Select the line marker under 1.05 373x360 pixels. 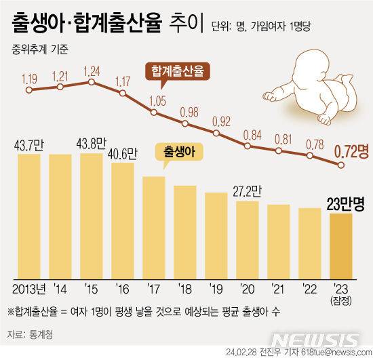pyautogui.click(x=155, y=113)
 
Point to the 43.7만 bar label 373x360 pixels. pyautogui.click(x=28, y=144)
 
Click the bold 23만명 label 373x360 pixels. pyautogui.click(x=346, y=203)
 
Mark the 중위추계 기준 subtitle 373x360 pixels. pyautogui.click(x=41, y=49)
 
